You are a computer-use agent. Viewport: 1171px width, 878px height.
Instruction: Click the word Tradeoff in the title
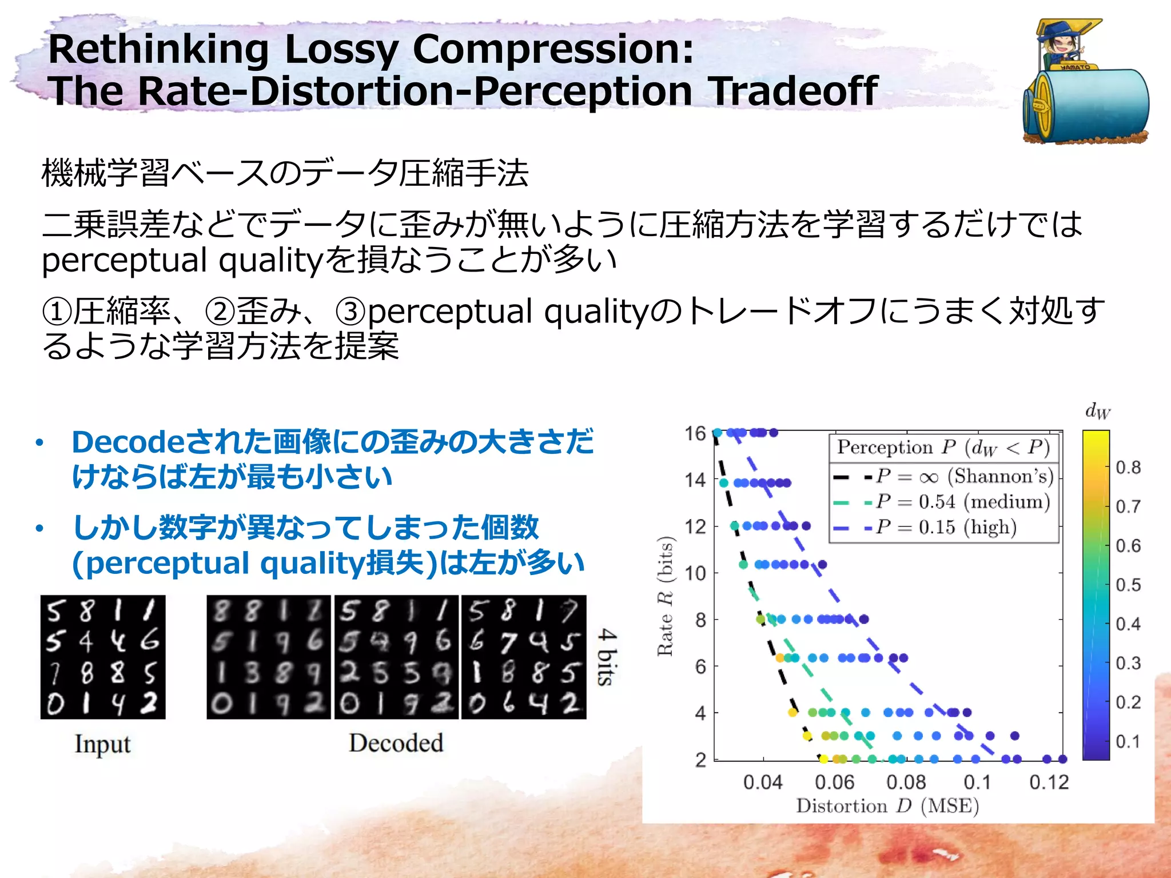coord(792,91)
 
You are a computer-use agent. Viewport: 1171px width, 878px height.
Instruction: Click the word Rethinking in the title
coord(158,49)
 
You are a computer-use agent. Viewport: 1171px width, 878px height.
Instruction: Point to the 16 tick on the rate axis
coord(695,433)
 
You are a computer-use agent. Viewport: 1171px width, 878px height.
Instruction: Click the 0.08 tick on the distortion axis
coord(906,782)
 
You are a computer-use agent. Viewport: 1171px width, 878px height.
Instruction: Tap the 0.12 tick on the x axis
coord(1049,782)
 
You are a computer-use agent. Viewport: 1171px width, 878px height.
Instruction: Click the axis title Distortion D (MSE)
coord(887,806)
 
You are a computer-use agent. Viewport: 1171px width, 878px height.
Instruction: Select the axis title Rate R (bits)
coord(665,596)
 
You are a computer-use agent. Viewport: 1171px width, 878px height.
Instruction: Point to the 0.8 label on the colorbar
coord(1128,468)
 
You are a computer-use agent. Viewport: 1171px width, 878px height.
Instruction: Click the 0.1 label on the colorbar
coord(1128,741)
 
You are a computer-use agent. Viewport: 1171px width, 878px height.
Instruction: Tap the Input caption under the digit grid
coord(102,744)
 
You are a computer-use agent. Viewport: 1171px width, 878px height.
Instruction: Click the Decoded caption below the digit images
coord(396,743)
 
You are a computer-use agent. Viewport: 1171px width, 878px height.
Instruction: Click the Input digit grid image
coord(103,657)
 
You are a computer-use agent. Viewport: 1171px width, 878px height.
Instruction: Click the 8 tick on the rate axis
coord(700,620)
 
